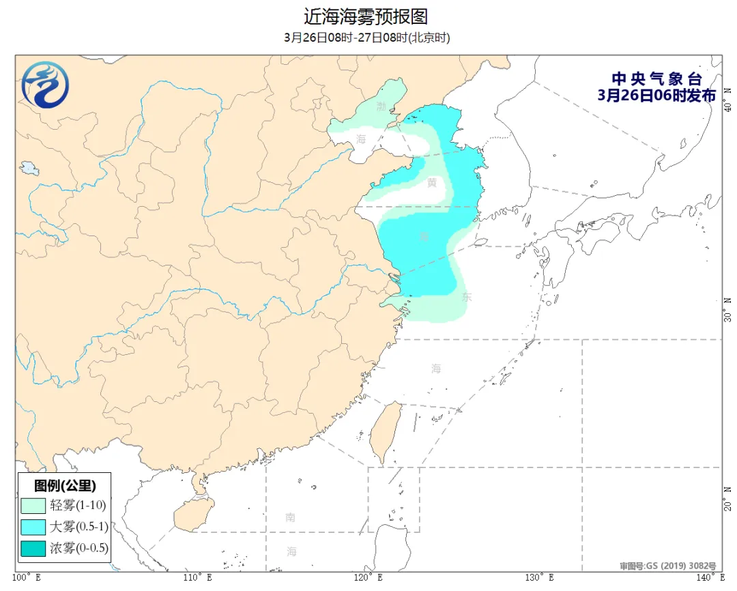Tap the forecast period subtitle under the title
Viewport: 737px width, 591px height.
(x=367, y=38)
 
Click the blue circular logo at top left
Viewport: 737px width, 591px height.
(x=45, y=85)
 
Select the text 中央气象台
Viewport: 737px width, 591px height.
(x=656, y=79)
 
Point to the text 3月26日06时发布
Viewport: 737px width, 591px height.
(x=656, y=96)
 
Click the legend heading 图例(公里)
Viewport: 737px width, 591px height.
(x=65, y=486)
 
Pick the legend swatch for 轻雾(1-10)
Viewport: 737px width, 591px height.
(x=33, y=506)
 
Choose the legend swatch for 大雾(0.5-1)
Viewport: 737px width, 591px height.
(x=33, y=527)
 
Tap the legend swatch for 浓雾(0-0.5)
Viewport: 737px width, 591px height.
(x=33, y=547)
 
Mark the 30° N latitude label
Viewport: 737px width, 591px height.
(x=728, y=308)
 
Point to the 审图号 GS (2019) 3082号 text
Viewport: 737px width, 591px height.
(x=667, y=566)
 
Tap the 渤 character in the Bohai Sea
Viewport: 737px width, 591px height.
(x=381, y=107)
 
